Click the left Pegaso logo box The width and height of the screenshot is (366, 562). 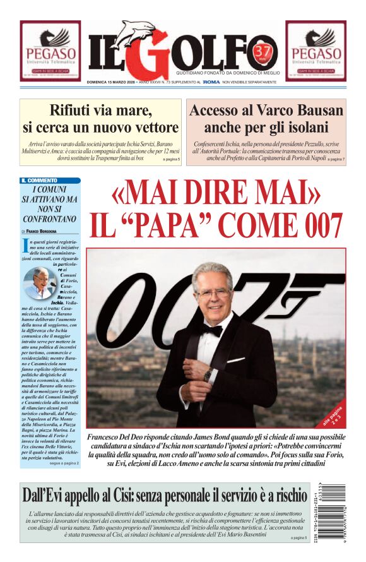pos(50,51)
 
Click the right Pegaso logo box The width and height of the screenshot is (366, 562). pos(316,51)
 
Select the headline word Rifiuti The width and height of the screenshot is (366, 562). pos(75,111)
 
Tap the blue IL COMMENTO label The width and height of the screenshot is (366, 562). pos(39,181)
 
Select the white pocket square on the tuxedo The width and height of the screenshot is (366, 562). pos(235,360)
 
